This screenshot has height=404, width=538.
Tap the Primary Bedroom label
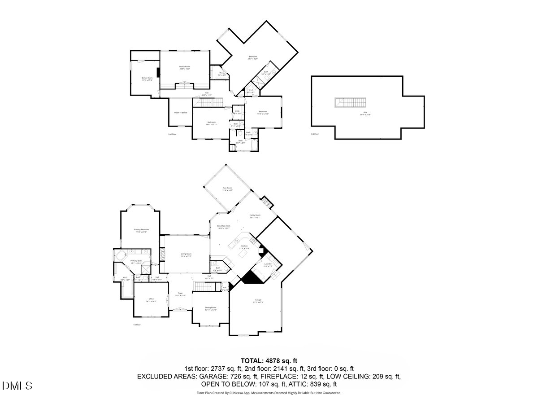point(141,230)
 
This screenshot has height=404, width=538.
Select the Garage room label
point(258,300)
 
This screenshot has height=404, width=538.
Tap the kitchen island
point(244,254)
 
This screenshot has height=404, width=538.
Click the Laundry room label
point(269,265)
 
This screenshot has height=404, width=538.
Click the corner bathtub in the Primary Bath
point(119,256)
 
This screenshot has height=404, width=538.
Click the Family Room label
point(255,216)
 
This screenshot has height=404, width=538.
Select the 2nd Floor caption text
point(173,134)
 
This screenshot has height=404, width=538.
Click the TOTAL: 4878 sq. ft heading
point(269,360)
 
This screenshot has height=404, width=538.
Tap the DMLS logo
point(17,385)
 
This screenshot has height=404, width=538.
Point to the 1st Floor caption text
point(137,325)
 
